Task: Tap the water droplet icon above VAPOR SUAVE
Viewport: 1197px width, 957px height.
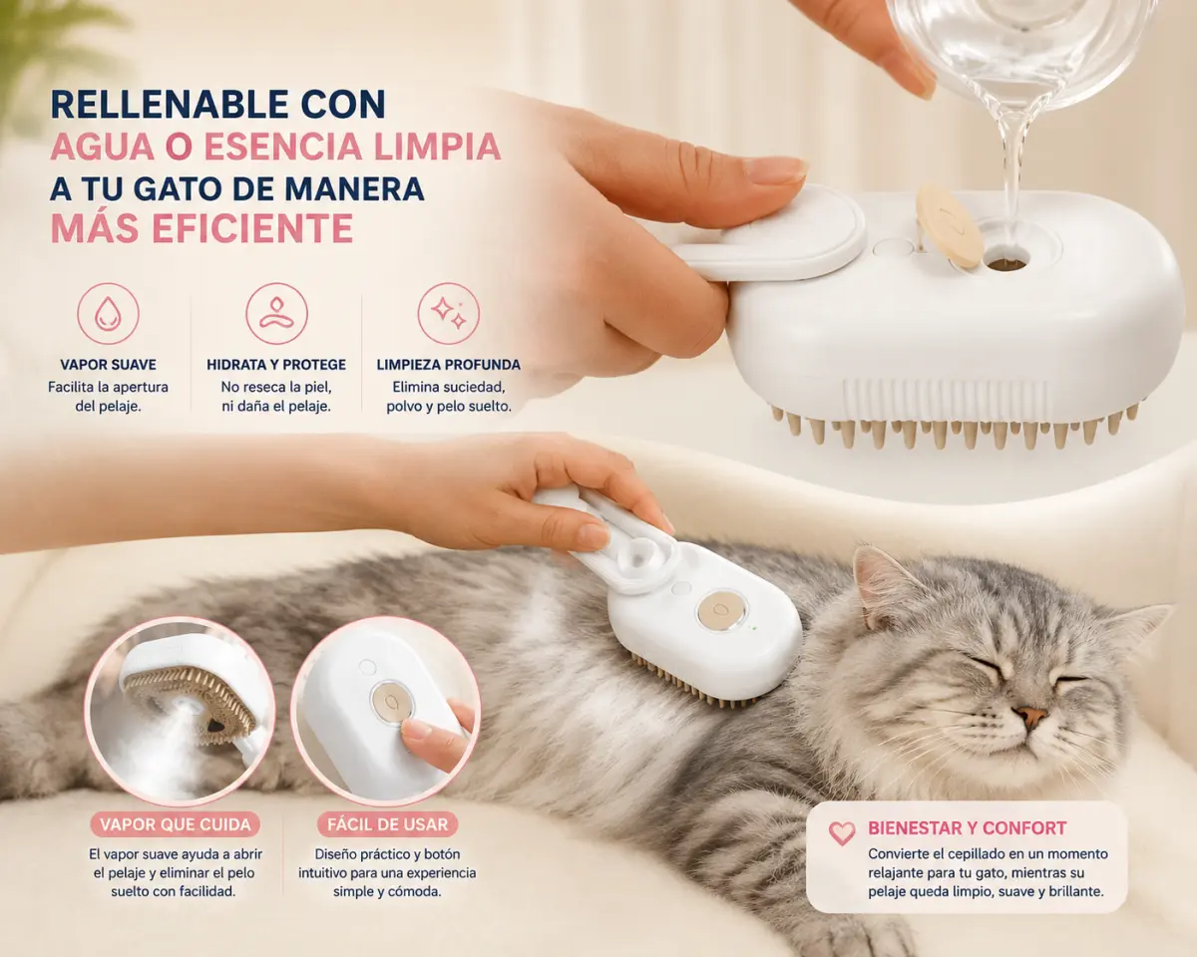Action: [108, 314]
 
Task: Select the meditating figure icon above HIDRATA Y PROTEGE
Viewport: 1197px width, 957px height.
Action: [277, 314]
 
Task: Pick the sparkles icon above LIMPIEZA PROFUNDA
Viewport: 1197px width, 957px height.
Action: [448, 314]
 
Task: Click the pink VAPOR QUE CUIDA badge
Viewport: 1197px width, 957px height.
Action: [176, 824]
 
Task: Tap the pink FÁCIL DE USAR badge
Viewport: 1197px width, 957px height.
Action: [387, 824]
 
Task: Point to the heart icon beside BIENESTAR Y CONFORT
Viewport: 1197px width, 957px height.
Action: [842, 833]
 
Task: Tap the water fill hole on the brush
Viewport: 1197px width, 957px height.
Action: [1006, 261]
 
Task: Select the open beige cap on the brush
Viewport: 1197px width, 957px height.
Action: [949, 226]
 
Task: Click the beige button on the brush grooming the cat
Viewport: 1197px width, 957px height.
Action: [721, 610]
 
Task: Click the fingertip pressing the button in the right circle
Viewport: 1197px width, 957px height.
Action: [417, 730]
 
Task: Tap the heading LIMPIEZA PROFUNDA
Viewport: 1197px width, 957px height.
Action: [448, 365]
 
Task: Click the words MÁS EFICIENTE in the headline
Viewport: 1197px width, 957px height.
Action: [201, 228]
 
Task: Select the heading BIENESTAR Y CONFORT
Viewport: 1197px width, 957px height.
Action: [968, 828]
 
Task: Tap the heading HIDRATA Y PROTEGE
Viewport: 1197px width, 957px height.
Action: [276, 365]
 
